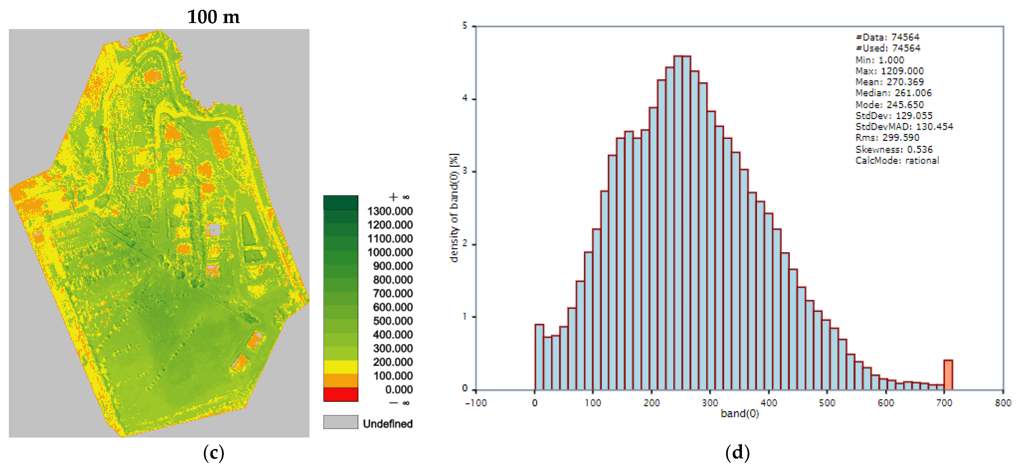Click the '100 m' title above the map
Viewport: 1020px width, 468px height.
pyautogui.click(x=213, y=17)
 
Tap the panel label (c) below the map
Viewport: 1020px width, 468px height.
pyautogui.click(x=213, y=453)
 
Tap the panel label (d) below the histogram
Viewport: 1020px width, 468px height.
pyautogui.click(x=737, y=453)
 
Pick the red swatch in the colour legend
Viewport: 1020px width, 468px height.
pyautogui.click(x=340, y=394)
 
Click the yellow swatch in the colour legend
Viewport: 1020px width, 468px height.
pyautogui.click(x=340, y=367)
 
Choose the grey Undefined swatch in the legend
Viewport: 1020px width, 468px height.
pyautogui.click(x=340, y=422)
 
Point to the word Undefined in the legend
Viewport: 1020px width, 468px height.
pyautogui.click(x=388, y=424)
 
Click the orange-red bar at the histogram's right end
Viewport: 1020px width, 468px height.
pyautogui.click(x=948, y=375)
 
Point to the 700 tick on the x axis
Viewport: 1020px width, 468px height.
pyautogui.click(x=944, y=403)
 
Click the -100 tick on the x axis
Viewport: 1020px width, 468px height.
pyautogui.click(x=476, y=403)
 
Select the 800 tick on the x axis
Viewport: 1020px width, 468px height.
pyautogui.click(x=1002, y=403)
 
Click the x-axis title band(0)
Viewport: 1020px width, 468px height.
pyautogui.click(x=740, y=414)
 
